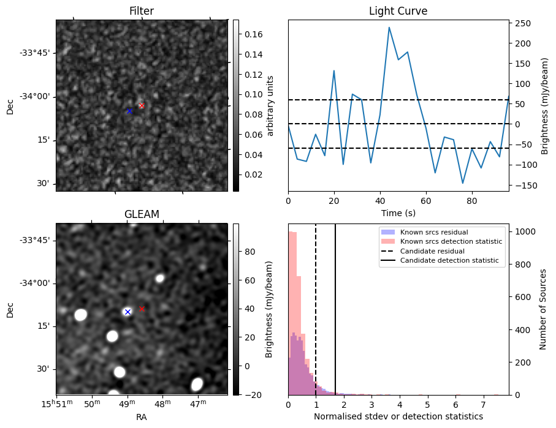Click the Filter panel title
point(141,11)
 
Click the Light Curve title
point(398,11)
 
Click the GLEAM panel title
point(142,214)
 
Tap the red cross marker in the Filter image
point(142,105)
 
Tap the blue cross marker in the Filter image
point(129,111)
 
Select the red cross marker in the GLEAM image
point(142,309)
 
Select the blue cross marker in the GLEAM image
point(128,312)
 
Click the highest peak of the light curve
point(389,27)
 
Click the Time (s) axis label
point(398,212)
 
